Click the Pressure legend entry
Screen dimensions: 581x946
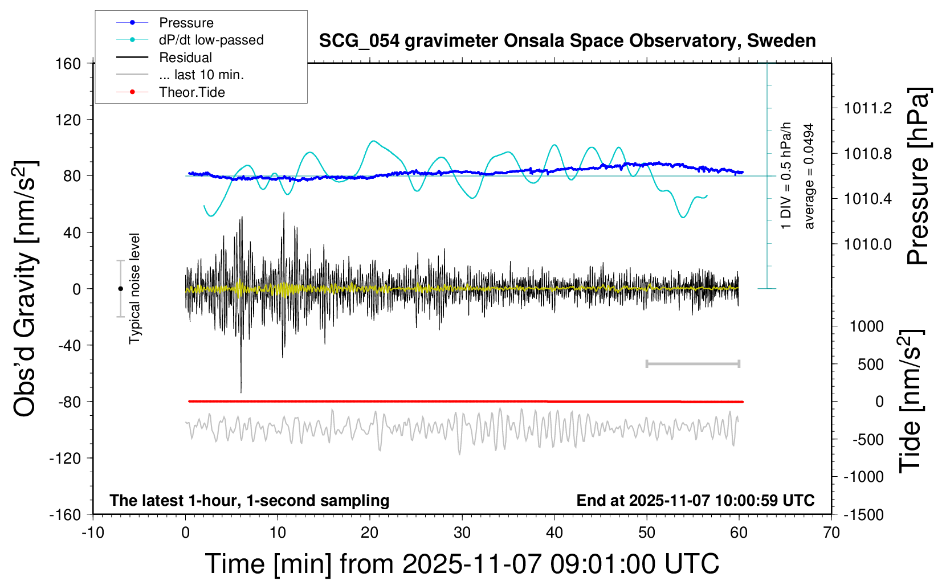point(186,23)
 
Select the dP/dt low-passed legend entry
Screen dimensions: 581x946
point(211,40)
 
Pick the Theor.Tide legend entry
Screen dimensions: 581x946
point(191,92)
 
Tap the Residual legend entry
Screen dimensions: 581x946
point(185,58)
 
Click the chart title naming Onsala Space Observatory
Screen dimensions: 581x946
point(567,41)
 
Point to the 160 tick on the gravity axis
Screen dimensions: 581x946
point(68,63)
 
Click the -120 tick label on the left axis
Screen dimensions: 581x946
point(65,458)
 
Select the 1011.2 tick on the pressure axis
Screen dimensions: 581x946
point(868,108)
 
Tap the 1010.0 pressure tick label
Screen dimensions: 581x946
point(868,244)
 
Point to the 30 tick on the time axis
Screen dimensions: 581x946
point(462,533)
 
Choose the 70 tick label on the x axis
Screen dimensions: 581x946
point(831,533)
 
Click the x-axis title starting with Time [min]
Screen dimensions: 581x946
point(462,564)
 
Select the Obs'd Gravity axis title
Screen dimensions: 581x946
point(25,289)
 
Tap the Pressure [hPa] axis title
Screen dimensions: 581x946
point(918,177)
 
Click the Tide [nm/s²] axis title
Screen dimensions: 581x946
point(911,401)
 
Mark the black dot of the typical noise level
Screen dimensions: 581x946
point(120,289)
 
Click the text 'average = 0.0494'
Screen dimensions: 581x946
point(809,177)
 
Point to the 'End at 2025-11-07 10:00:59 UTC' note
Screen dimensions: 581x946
point(695,501)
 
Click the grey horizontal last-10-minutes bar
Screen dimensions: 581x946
point(692,363)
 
